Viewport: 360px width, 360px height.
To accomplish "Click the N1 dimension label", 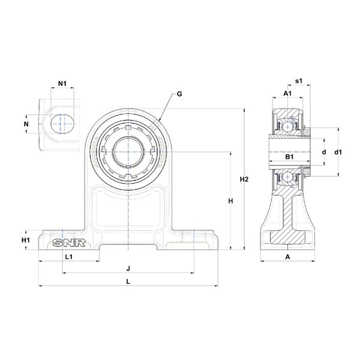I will tap(62, 83).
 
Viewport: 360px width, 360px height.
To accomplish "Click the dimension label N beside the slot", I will tap(26, 124).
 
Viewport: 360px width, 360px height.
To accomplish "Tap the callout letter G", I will tap(179, 94).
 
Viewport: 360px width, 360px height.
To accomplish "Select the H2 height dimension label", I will tap(244, 179).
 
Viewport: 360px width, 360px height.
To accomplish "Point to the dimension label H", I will tap(230, 202).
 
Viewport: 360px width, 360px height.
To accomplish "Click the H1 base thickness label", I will tap(26, 240).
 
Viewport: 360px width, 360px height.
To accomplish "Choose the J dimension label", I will tap(128, 268).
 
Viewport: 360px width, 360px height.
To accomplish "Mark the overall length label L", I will tap(128, 281).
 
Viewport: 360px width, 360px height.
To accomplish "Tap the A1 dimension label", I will tap(287, 94).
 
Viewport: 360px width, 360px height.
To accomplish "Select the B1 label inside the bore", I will tap(289, 157).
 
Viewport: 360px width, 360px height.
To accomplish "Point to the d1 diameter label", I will tap(338, 152).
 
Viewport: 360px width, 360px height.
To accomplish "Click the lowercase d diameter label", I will tap(323, 152).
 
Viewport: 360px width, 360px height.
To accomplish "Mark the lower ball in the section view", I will tap(288, 178).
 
